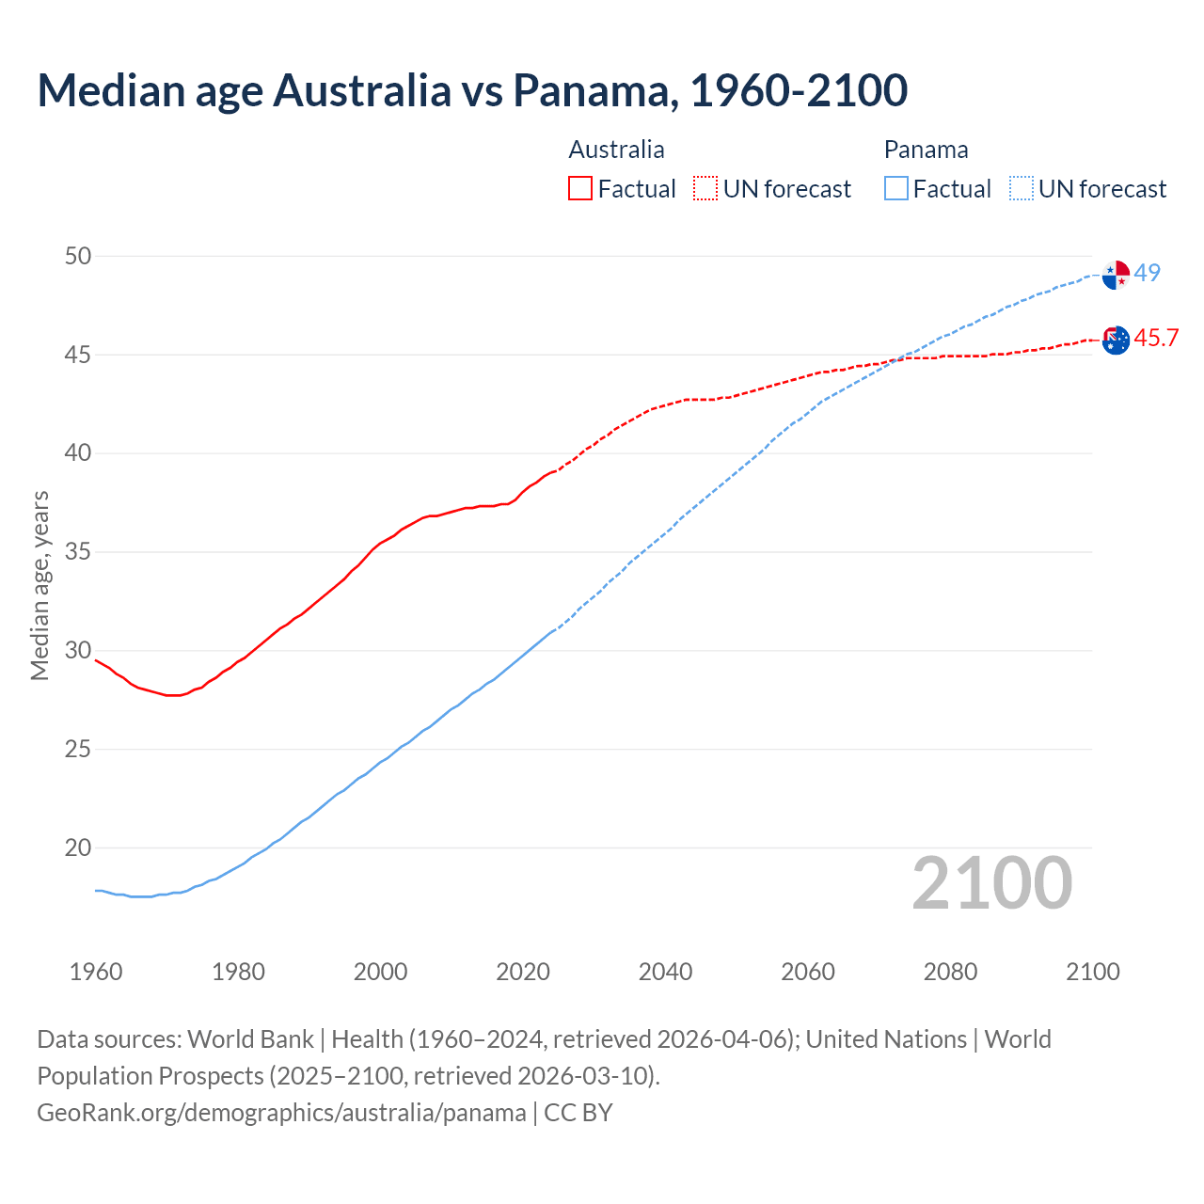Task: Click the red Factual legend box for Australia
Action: click(x=580, y=188)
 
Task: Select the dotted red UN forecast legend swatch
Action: click(x=705, y=188)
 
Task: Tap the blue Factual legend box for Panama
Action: click(x=896, y=188)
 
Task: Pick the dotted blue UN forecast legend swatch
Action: click(x=1022, y=188)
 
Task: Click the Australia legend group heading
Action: click(x=616, y=150)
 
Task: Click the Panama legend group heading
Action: click(x=926, y=150)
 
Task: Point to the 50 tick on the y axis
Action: click(x=78, y=256)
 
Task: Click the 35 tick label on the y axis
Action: click(x=78, y=551)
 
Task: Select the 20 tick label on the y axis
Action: click(x=78, y=848)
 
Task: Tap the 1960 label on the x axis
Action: click(x=96, y=972)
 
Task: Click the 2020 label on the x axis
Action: click(x=523, y=972)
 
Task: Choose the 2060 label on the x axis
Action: click(x=808, y=972)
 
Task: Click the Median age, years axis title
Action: click(x=40, y=585)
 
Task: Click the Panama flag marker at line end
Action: click(x=1116, y=275)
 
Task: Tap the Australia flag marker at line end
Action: click(x=1116, y=340)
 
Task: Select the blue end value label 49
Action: click(x=1147, y=273)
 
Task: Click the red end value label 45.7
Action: click(x=1156, y=338)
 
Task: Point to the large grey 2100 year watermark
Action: click(x=991, y=882)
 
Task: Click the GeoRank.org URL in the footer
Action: click(x=281, y=1112)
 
